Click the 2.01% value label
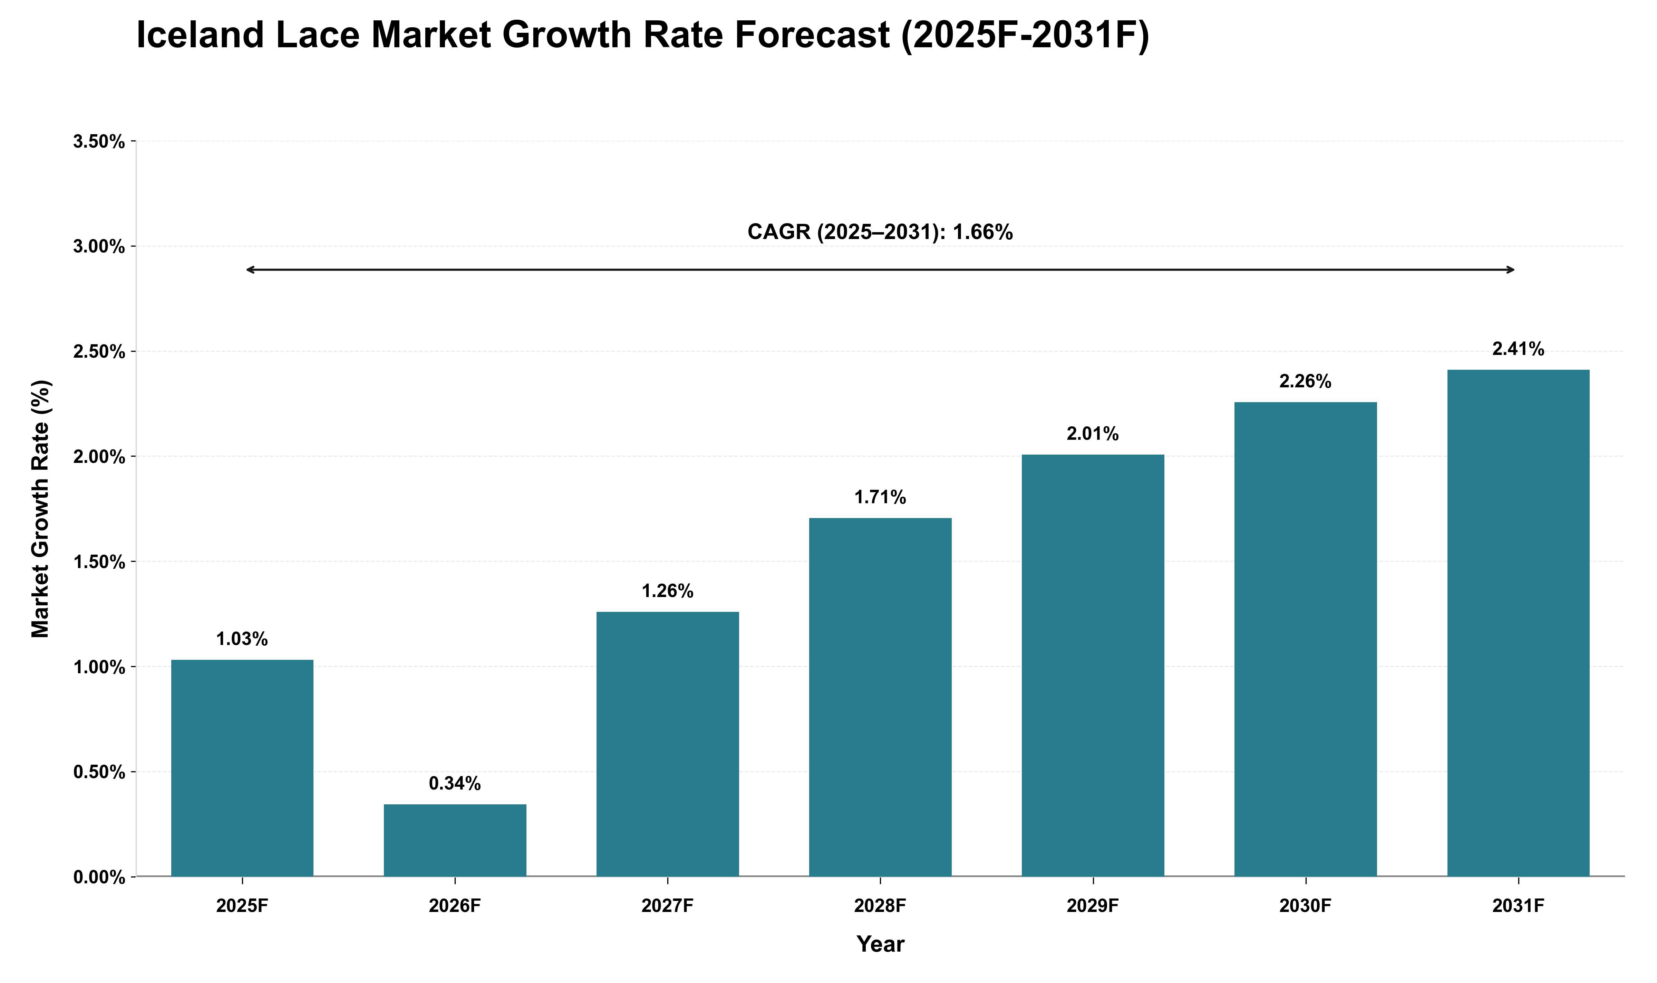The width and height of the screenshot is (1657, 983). click(1092, 434)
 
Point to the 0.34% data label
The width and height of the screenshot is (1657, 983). click(455, 784)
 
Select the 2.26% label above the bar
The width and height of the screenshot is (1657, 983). click(1305, 381)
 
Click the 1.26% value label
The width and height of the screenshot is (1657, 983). click(667, 591)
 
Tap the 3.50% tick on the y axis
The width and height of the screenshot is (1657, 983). click(99, 141)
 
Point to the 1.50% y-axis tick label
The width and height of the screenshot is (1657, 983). click(99, 562)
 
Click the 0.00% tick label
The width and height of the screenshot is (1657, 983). click(99, 877)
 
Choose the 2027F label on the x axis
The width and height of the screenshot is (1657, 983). click(667, 905)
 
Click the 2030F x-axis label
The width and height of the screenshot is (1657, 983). click(1305, 905)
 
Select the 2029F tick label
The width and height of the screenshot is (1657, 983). click(1092, 905)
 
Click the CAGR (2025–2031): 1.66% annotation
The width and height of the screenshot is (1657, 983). click(880, 232)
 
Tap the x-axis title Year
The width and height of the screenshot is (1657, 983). click(880, 944)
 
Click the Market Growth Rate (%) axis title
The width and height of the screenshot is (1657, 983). click(40, 509)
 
